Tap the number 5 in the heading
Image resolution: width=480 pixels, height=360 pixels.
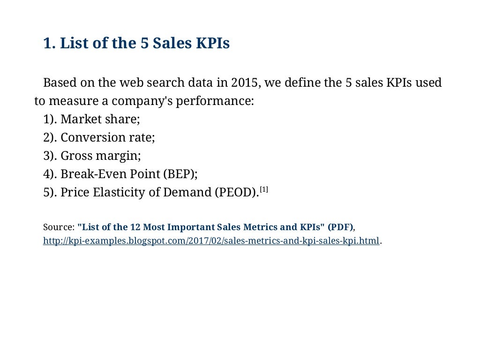[145, 44]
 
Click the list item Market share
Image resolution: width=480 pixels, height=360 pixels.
[100, 119]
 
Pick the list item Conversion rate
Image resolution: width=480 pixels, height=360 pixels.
[107, 137]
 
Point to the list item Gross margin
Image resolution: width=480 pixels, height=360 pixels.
[100, 156]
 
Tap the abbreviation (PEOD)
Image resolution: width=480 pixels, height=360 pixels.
[236, 192]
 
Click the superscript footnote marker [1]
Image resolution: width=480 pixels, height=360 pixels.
[264, 189]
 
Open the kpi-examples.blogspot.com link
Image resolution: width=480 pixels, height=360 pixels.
[211, 241]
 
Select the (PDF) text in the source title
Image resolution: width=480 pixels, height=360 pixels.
[340, 227]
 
